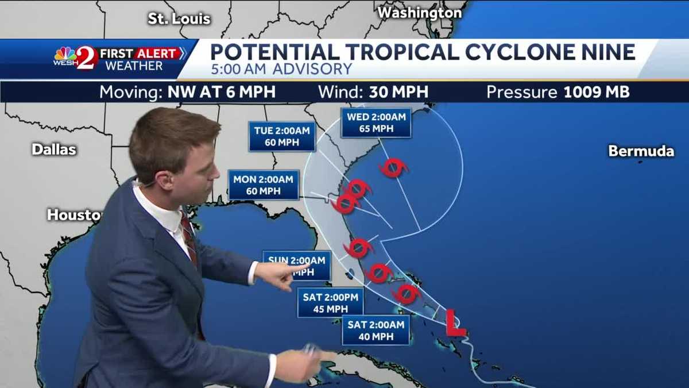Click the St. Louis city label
click(179, 19)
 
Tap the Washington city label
click(420, 12)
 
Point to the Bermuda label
click(641, 151)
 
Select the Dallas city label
click(53, 149)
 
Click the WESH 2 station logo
click(75, 58)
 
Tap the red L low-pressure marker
click(455, 323)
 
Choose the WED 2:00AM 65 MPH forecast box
click(376, 122)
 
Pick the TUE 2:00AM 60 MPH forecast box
click(282, 136)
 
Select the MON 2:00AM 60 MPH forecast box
click(263, 185)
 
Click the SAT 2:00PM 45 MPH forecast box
click(330, 303)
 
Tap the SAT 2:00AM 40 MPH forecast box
click(376, 330)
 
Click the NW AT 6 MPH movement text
click(221, 92)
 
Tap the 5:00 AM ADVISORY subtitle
click(281, 70)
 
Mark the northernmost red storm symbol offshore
click(393, 168)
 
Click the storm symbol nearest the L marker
click(407, 294)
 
